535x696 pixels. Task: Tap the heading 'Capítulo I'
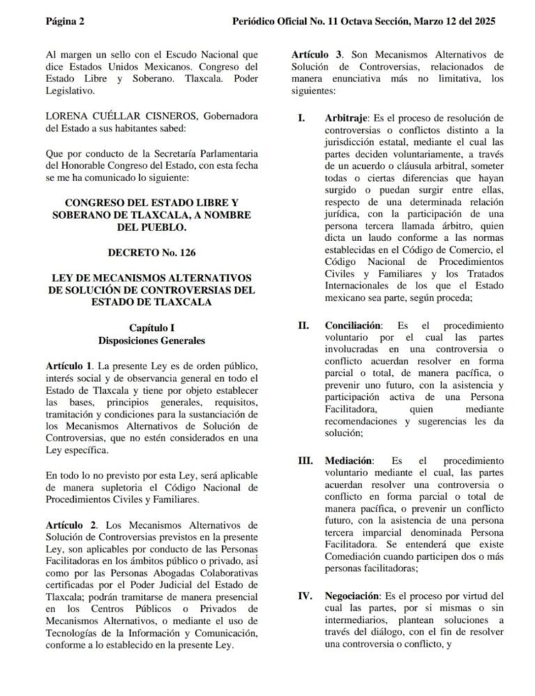151,327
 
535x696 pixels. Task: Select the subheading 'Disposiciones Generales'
151,341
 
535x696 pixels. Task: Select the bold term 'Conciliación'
353,325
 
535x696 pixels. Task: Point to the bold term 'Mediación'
349,461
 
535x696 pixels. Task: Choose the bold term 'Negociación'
352,596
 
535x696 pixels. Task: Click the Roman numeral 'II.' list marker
303,325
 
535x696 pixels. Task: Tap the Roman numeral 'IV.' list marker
304,596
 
